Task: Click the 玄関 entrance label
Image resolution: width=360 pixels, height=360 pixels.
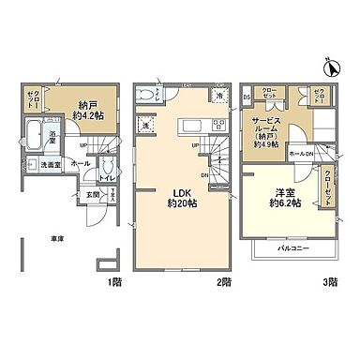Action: (x=95, y=195)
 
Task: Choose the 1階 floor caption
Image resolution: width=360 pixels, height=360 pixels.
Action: (x=113, y=280)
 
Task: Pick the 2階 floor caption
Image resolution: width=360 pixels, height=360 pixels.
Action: (x=224, y=280)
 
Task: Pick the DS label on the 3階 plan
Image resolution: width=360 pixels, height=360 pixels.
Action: (x=246, y=96)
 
